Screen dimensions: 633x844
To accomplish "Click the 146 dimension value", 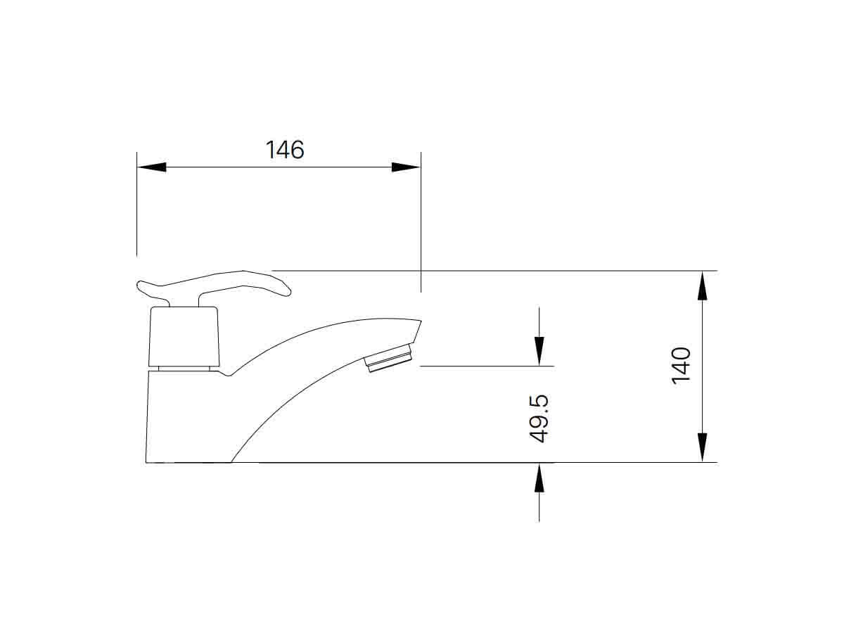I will click(x=285, y=150).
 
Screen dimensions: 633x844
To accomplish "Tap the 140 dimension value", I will click(x=681, y=365).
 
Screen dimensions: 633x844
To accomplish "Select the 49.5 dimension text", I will click(x=539, y=418).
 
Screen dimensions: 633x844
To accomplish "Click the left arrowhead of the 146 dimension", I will click(x=152, y=167).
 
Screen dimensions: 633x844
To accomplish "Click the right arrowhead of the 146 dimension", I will click(x=405, y=167).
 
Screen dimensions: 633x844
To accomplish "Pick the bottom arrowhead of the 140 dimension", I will click(x=702, y=447).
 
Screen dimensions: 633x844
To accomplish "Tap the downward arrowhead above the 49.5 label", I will click(x=539, y=350).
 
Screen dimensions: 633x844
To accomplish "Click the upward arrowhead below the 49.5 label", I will click(x=539, y=478).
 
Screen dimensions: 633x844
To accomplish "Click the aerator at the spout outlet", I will click(x=391, y=358).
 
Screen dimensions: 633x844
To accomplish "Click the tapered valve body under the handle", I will click(x=185, y=336).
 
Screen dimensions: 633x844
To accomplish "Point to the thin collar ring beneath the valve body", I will click(x=185, y=367).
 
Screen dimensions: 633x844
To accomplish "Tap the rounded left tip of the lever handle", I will click(x=141, y=286).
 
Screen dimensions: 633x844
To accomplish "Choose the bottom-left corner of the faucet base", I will click(x=146, y=462).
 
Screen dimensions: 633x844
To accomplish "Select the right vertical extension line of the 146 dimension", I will click(x=421, y=225).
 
